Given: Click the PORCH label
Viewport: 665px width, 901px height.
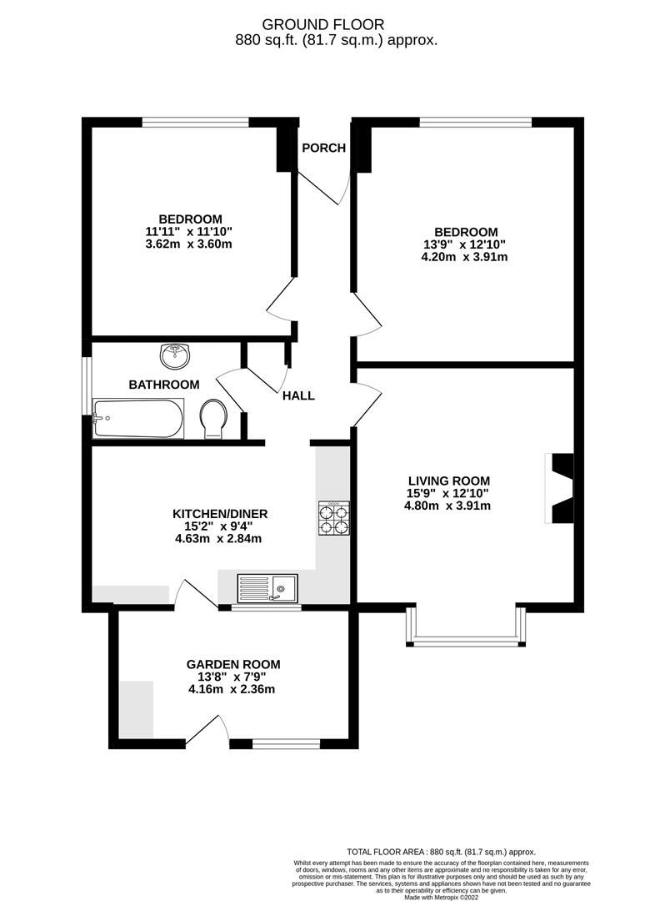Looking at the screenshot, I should tap(323, 148).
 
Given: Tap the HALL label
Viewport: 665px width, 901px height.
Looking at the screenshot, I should tap(298, 395).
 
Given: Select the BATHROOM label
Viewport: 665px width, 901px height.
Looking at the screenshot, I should tap(164, 385).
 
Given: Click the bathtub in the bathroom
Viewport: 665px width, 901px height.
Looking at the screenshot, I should tap(138, 419).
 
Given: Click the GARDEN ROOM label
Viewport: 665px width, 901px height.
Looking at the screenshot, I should tap(233, 665).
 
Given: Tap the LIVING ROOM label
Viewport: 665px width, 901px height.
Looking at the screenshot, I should tap(449, 481).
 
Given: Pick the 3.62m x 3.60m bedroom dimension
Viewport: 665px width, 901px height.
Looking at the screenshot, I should tap(188, 244).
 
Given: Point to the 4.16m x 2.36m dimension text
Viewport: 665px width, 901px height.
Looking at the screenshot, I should tap(233, 689).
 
